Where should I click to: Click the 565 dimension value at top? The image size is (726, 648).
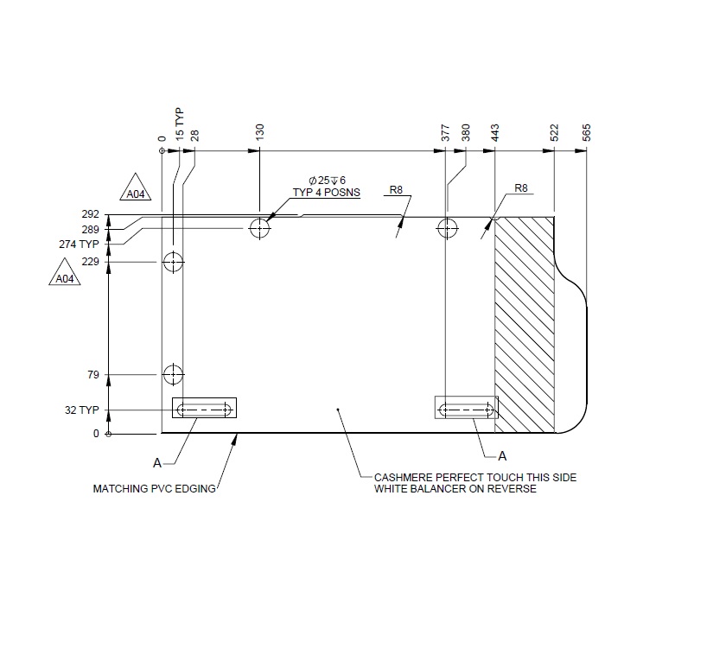(587, 132)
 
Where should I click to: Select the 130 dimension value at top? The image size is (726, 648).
(260, 132)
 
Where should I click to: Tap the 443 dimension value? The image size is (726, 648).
(495, 132)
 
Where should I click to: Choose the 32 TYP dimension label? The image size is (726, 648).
(84, 410)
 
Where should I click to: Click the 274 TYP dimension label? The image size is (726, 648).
(80, 245)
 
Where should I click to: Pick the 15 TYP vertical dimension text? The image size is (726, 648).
(180, 124)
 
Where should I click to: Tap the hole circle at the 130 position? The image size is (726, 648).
(260, 228)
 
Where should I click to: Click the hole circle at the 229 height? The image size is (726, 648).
(174, 261)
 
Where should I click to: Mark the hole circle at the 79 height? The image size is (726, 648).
(174, 374)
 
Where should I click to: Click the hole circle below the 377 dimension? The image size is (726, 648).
(447, 228)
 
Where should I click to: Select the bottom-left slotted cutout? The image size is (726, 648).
(205, 409)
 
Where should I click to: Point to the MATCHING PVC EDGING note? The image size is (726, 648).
(154, 489)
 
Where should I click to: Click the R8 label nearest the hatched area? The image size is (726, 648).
(520, 188)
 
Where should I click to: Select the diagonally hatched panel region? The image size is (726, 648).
(524, 324)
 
